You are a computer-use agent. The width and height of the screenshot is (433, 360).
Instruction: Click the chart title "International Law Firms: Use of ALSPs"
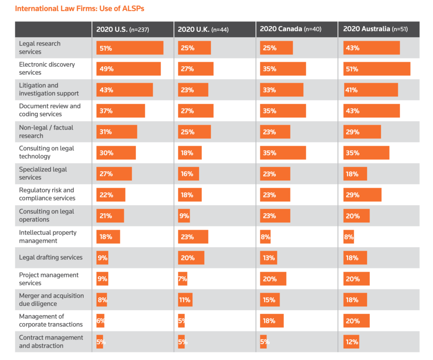tap(82, 8)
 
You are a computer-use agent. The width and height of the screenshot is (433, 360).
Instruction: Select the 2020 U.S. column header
tap(123, 29)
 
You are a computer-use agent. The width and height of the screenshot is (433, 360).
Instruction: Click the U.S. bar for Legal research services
tap(130, 48)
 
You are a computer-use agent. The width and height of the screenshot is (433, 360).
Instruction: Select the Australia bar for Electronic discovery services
tap(377, 69)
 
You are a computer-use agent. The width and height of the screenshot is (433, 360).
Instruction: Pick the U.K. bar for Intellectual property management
tap(193, 237)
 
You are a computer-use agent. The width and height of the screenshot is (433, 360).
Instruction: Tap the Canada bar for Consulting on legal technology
tap(283, 153)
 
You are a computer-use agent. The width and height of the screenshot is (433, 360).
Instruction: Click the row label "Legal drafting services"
tap(51, 257)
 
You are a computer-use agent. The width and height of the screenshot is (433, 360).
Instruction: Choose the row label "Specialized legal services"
tap(43, 173)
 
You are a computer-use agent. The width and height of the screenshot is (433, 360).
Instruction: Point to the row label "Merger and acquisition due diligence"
tap(51, 300)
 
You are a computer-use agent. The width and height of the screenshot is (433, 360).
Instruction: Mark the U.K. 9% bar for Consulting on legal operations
tap(184, 216)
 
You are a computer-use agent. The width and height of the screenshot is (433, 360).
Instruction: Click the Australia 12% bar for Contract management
tap(351, 341)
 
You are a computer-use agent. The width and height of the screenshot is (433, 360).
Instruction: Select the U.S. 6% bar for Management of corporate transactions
tap(100, 321)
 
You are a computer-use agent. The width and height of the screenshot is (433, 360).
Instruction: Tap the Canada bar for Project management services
tap(273, 279)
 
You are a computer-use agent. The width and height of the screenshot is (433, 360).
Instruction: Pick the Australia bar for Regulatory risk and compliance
tap(362, 195)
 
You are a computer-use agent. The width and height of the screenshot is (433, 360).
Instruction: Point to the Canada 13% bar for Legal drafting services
tap(269, 258)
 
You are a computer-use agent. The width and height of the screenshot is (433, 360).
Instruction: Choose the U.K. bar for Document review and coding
tap(196, 111)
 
